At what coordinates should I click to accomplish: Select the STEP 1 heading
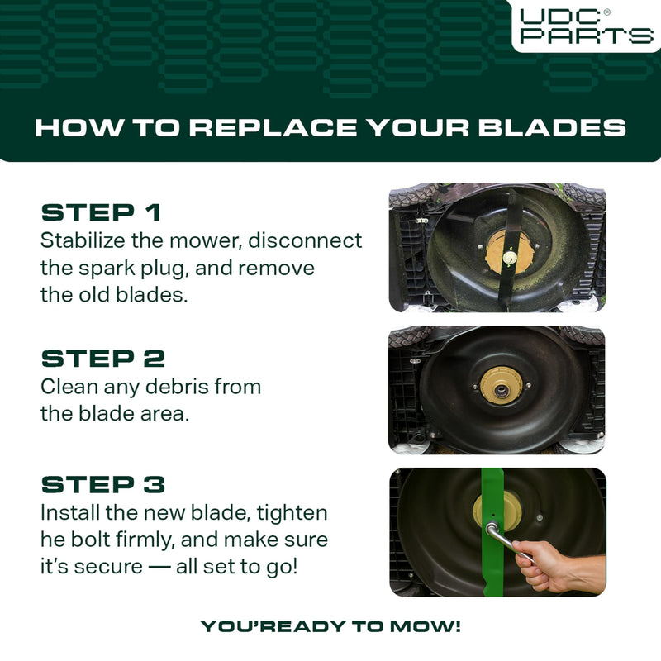(x=101, y=212)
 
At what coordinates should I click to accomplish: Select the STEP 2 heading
(x=102, y=359)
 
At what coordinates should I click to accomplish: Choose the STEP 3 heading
(x=102, y=484)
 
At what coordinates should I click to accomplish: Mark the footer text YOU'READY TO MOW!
(x=330, y=626)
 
